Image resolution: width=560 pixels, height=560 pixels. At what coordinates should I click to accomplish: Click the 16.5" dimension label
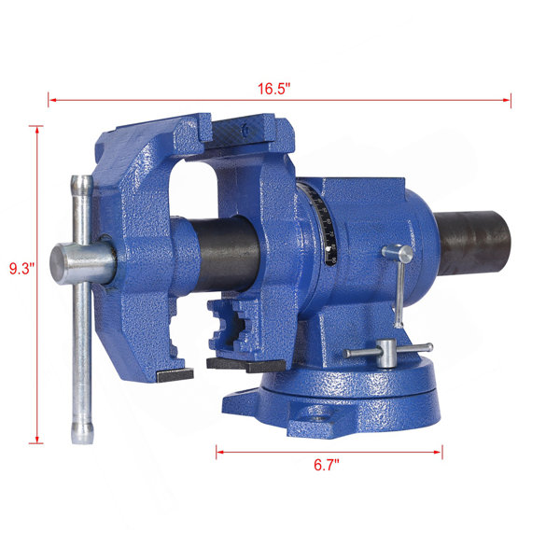274,89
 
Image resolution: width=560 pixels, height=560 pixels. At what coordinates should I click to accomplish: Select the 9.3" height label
21,269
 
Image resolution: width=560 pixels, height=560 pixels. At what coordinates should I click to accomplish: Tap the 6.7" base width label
327,465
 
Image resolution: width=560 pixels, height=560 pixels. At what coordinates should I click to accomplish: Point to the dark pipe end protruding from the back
472,243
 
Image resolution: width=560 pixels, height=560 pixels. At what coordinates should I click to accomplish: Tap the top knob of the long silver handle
82,185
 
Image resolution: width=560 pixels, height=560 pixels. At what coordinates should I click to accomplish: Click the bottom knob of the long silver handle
82,433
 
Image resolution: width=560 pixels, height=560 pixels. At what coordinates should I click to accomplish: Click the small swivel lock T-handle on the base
388,352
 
